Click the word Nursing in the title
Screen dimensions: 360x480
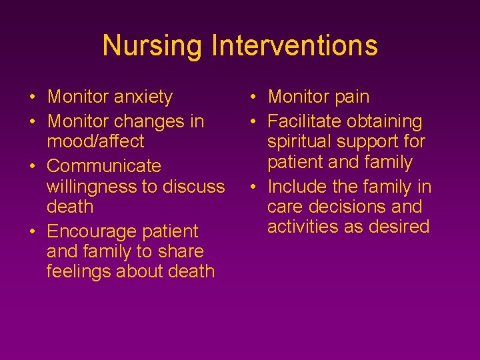[x=153, y=46]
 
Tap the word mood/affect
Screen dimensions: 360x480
[x=95, y=141]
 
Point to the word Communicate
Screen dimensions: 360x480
[x=104, y=166]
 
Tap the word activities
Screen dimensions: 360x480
[x=303, y=227]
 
